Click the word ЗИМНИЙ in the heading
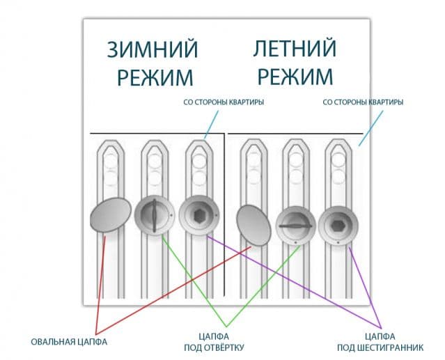[153, 49]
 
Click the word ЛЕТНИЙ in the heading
[295, 49]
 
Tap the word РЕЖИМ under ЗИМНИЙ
[155, 77]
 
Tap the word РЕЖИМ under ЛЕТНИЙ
[295, 77]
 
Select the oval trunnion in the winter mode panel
[111, 214]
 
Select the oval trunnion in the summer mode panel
[253, 225]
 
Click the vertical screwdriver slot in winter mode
[154, 216]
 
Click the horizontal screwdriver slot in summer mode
[295, 226]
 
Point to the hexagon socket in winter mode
[199, 215]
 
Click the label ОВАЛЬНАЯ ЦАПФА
[69, 342]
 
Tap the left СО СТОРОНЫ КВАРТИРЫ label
[224, 102]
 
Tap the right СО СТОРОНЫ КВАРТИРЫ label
[363, 102]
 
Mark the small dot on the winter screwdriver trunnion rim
[171, 215]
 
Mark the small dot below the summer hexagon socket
[338, 242]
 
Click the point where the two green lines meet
[226, 327]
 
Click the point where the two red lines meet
[96, 334]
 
